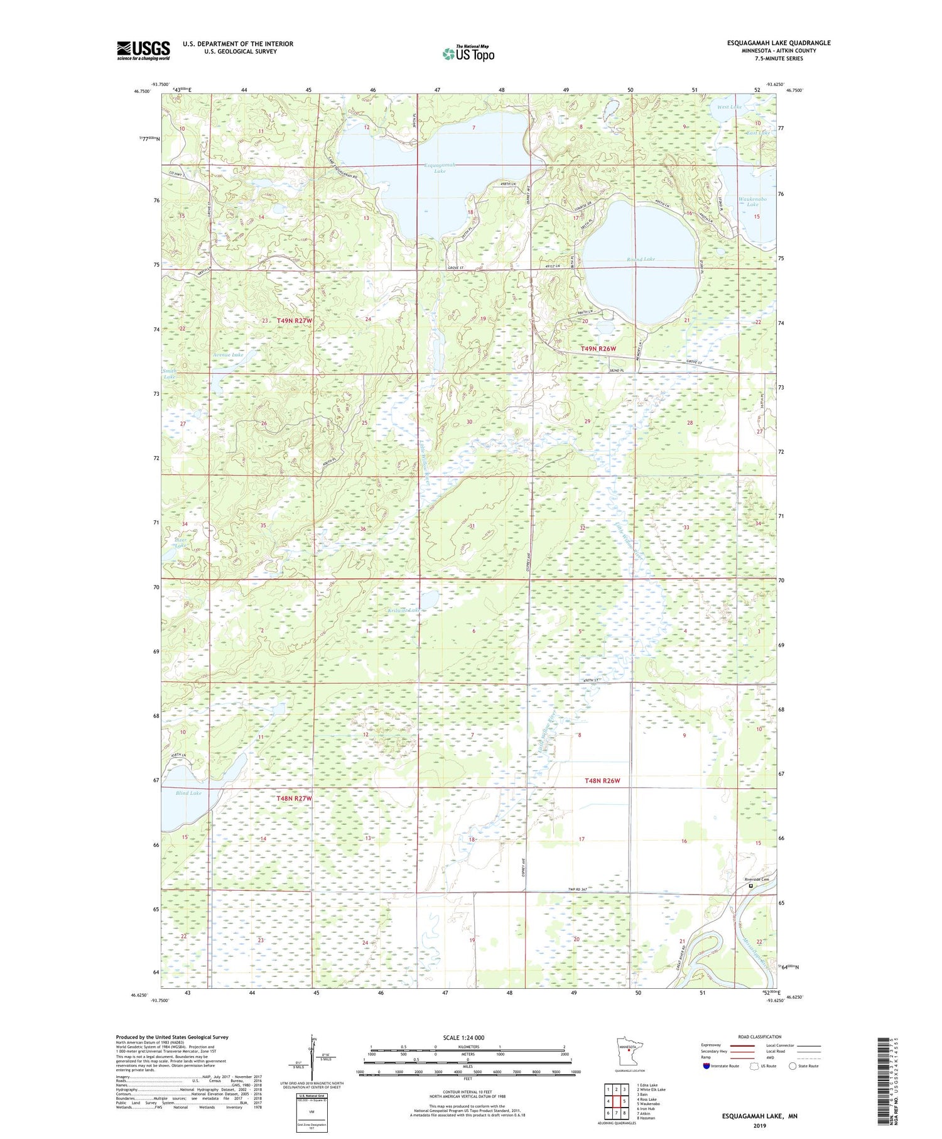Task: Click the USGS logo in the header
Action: tap(143, 50)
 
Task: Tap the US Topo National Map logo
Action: tap(468, 53)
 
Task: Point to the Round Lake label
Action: tap(641, 259)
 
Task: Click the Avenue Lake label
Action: tap(228, 355)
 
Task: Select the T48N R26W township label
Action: tap(602, 781)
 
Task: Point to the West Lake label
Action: tap(729, 107)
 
